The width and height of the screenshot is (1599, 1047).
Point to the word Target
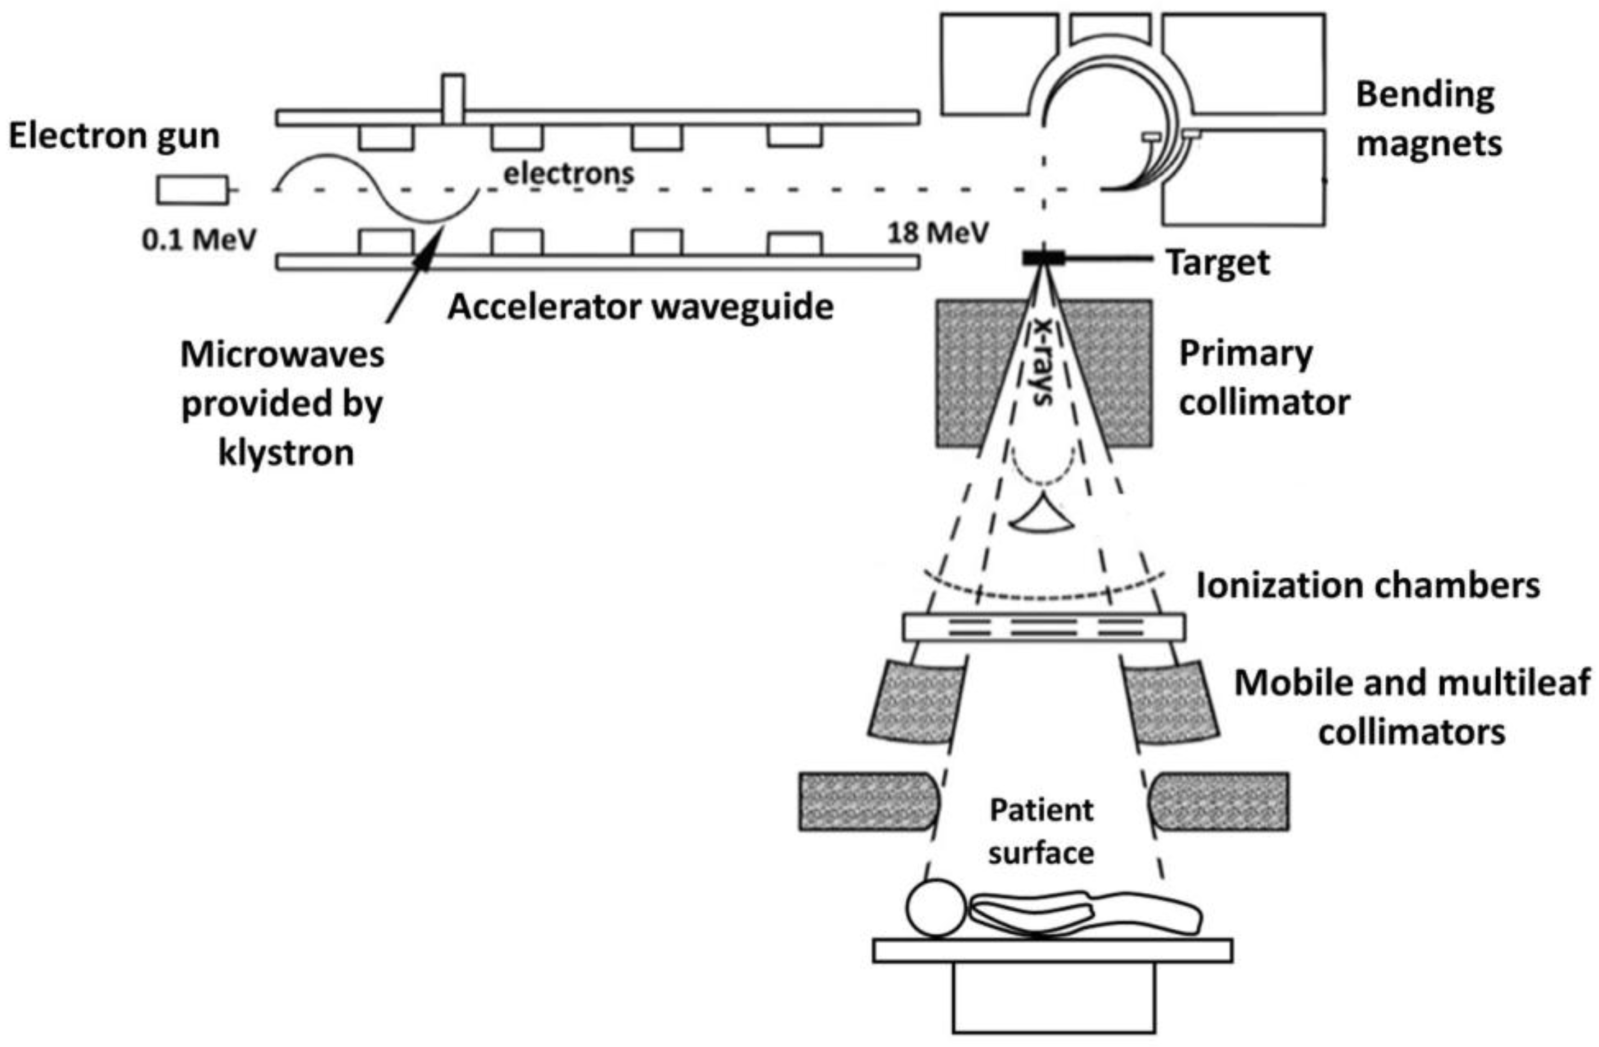1217,263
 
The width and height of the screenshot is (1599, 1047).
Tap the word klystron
286,453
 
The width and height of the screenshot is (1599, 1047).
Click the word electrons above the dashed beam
568,174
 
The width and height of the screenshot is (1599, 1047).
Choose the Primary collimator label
1264,379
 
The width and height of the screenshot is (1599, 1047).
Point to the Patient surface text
1041,832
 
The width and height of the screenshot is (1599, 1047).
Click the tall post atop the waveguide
453,100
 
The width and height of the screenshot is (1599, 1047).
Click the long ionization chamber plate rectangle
1043,627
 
